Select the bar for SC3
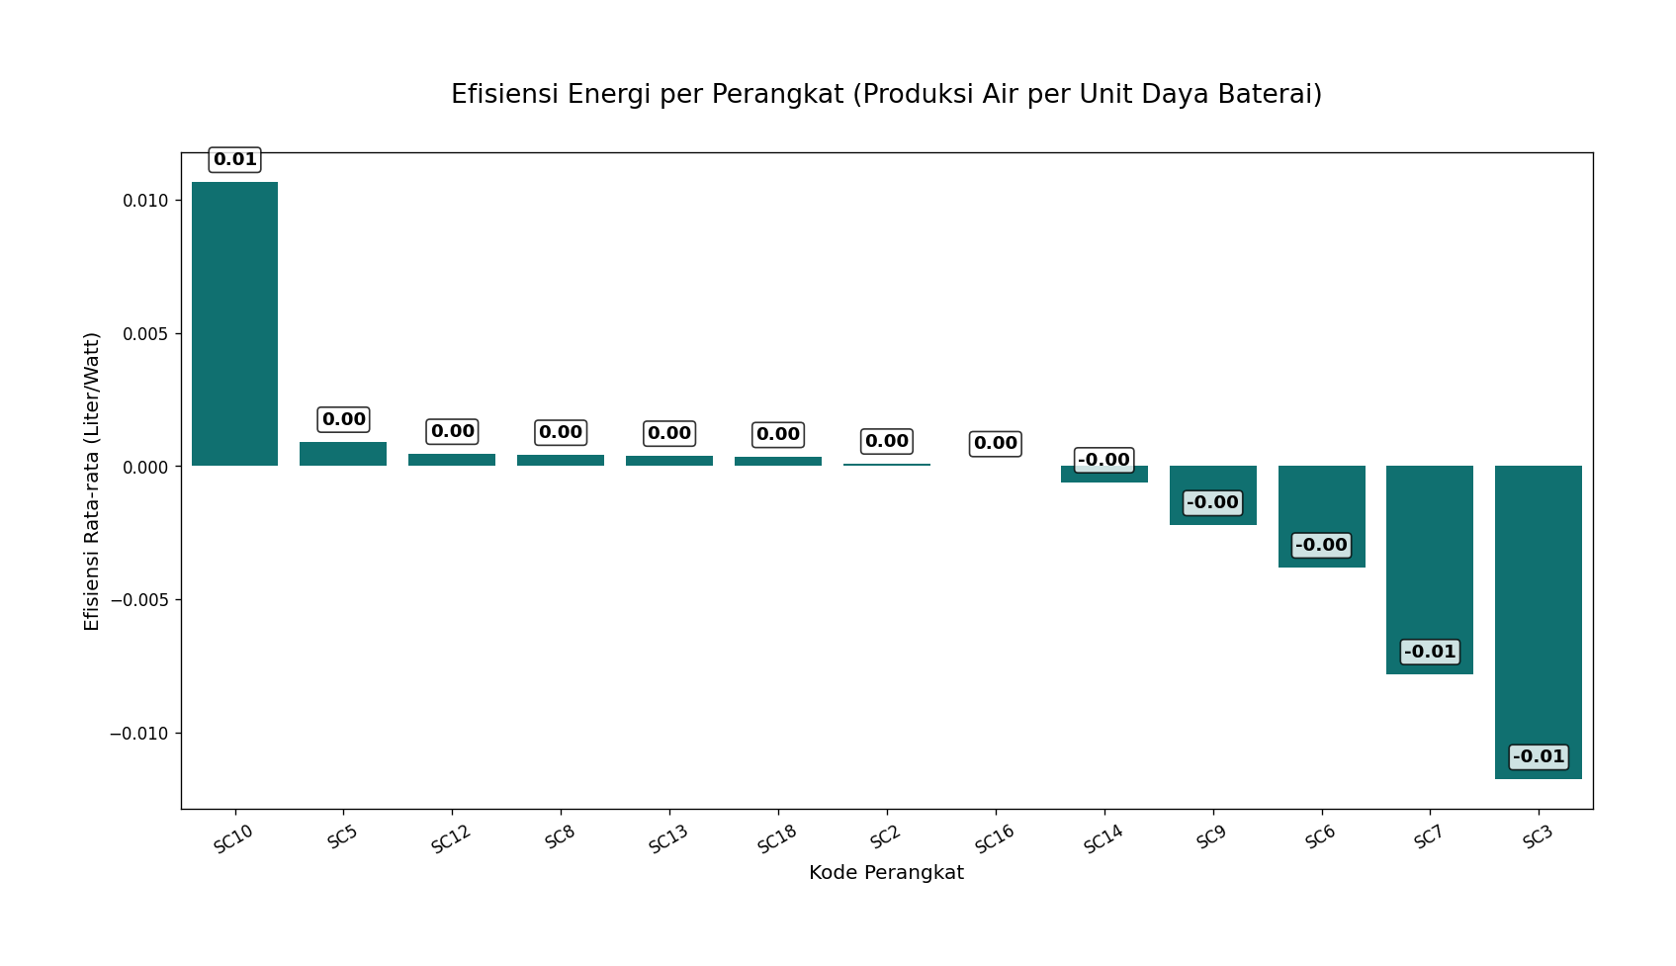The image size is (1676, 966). pyautogui.click(x=1538, y=622)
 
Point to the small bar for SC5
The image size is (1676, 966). pyautogui.click(x=343, y=454)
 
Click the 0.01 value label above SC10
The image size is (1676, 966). pyautogui.click(x=234, y=159)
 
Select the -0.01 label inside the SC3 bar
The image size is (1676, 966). pyautogui.click(x=1538, y=757)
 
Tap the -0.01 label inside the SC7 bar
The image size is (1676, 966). pyautogui.click(x=1429, y=653)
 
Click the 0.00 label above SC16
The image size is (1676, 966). pyautogui.click(x=995, y=444)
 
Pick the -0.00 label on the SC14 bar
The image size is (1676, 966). pyautogui.click(x=1103, y=461)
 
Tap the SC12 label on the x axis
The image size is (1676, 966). pyautogui.click(x=451, y=839)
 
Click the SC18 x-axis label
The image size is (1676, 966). pyautogui.click(x=777, y=839)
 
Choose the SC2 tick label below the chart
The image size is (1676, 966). pyautogui.click(x=886, y=836)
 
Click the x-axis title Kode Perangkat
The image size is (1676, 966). pyautogui.click(x=886, y=873)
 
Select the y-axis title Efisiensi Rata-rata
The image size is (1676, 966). pyautogui.click(x=92, y=482)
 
